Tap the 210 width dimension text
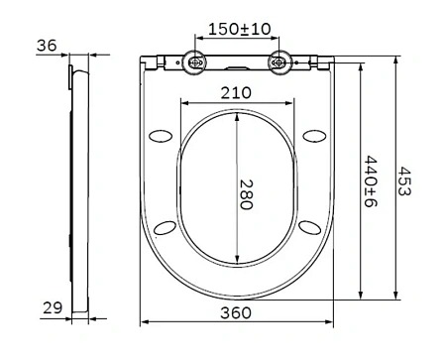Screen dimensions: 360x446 [237, 93]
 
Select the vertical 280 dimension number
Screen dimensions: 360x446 [250, 188]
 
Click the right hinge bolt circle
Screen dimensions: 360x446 [280, 62]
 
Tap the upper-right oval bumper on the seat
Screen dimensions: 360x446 [317, 135]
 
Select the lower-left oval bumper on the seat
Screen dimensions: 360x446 [166, 228]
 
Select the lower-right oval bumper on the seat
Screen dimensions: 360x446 [310, 228]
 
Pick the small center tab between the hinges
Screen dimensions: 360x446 [238, 66]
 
